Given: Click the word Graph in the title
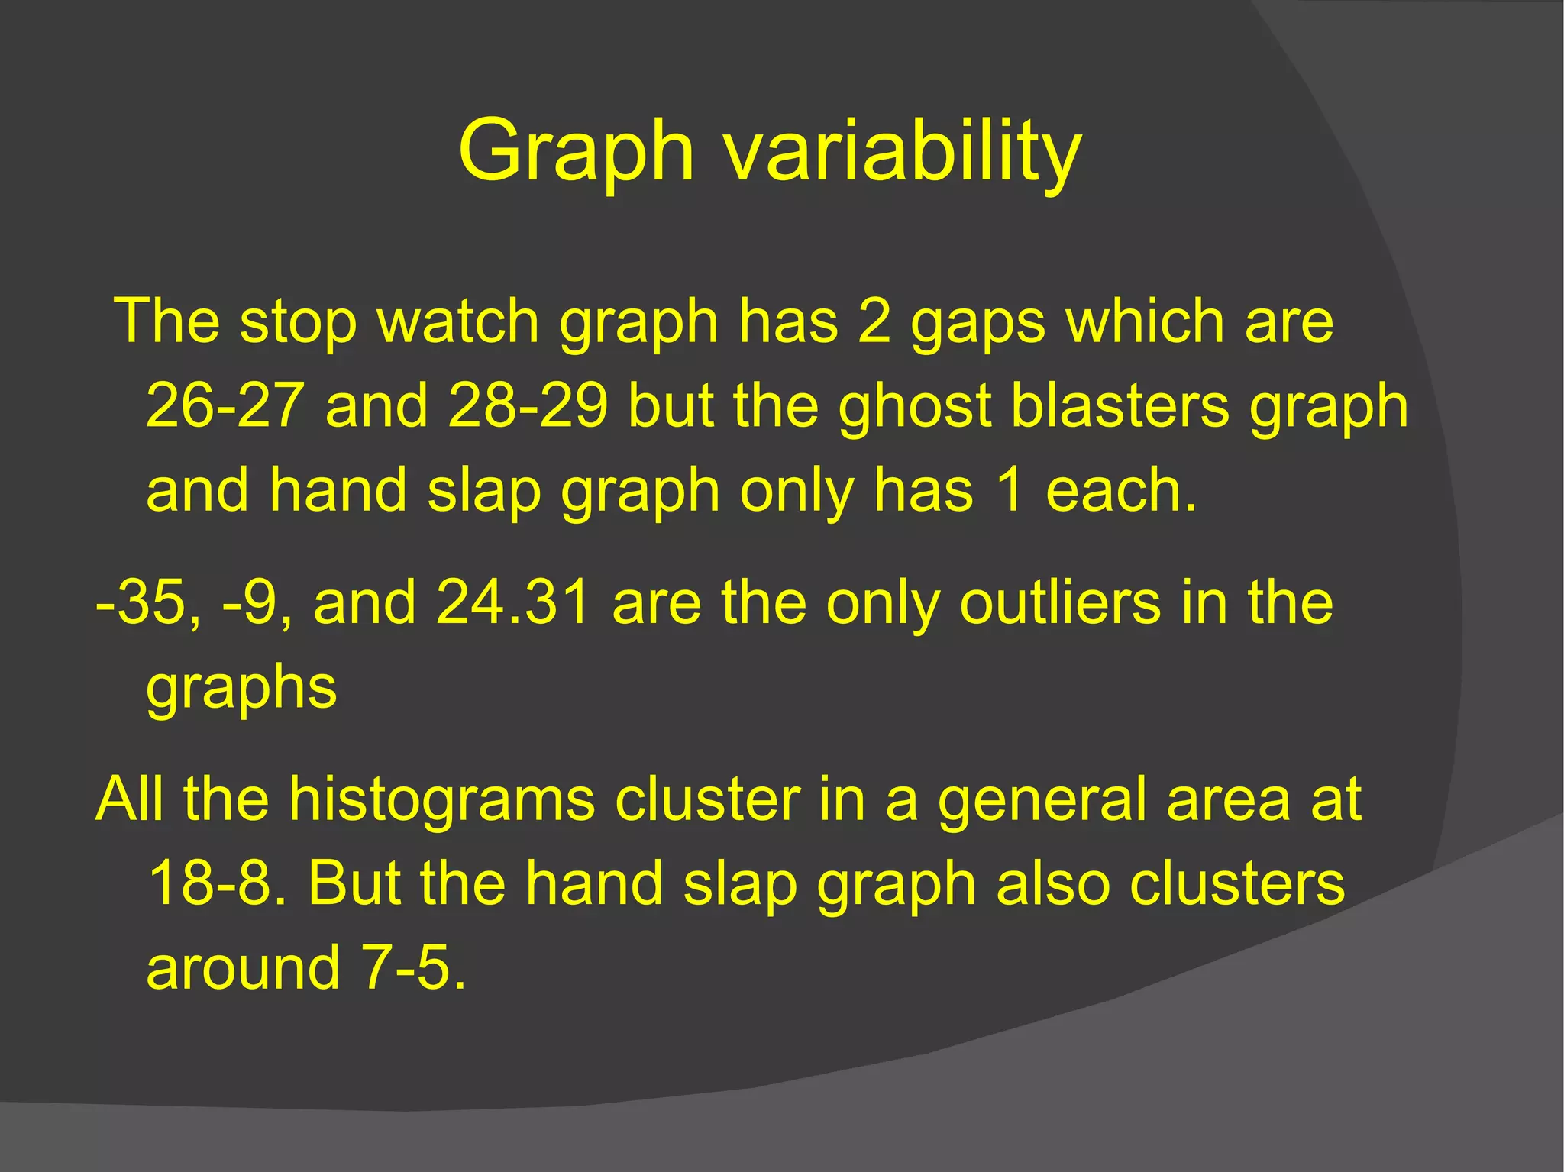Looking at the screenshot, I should tap(577, 151).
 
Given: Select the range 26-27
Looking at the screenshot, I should tap(225, 405).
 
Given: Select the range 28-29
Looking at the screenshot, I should tap(528, 405).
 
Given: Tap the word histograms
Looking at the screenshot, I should tap(442, 799).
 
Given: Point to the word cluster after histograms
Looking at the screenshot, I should tap(708, 799).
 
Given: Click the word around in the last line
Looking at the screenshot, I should tap(243, 967).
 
